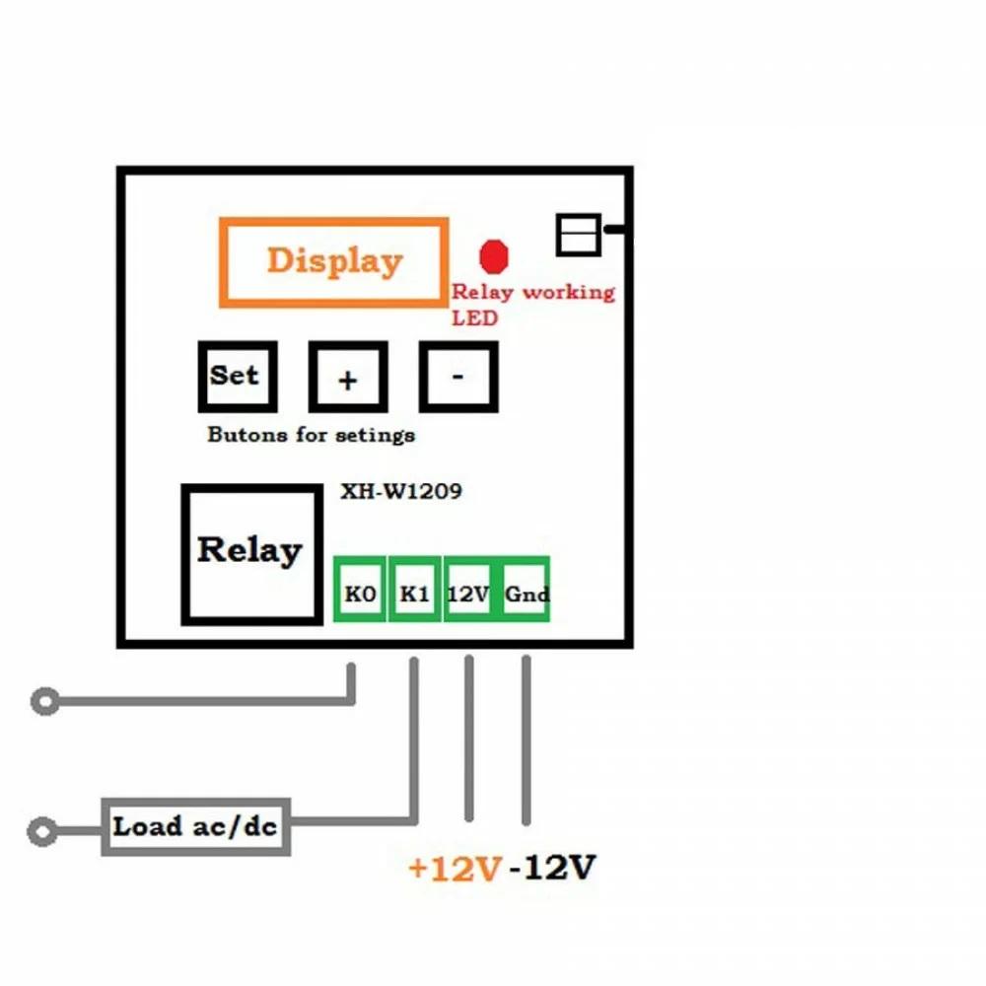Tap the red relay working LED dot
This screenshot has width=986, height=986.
(493, 256)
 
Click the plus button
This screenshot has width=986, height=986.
(347, 378)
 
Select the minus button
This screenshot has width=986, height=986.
(458, 377)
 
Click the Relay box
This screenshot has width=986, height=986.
(250, 552)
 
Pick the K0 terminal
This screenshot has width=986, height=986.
(360, 594)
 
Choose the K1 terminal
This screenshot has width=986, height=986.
(414, 594)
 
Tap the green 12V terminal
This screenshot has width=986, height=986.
(468, 594)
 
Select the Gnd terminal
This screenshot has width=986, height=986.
(526, 594)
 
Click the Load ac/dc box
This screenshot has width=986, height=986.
(196, 827)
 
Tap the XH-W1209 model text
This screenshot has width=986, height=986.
(400, 491)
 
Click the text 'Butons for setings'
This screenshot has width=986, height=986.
(312, 435)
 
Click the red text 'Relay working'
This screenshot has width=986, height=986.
(532, 293)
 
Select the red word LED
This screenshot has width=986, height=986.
(474, 317)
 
